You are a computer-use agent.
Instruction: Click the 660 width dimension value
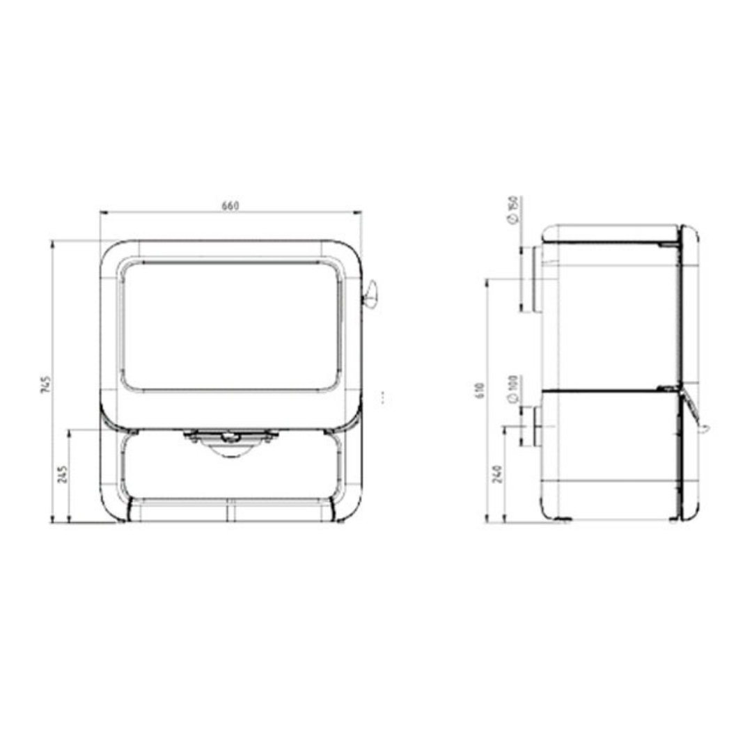(230, 205)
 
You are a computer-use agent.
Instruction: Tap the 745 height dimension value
(46, 385)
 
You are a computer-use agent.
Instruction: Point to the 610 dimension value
(480, 390)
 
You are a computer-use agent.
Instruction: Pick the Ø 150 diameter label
(513, 210)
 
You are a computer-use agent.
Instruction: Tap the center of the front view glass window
(231, 326)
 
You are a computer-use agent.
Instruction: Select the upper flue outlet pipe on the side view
(533, 279)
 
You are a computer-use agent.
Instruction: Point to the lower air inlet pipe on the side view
(537, 426)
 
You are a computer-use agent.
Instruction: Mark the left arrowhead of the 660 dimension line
(102, 212)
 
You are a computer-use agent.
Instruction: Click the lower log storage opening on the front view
(231, 470)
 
